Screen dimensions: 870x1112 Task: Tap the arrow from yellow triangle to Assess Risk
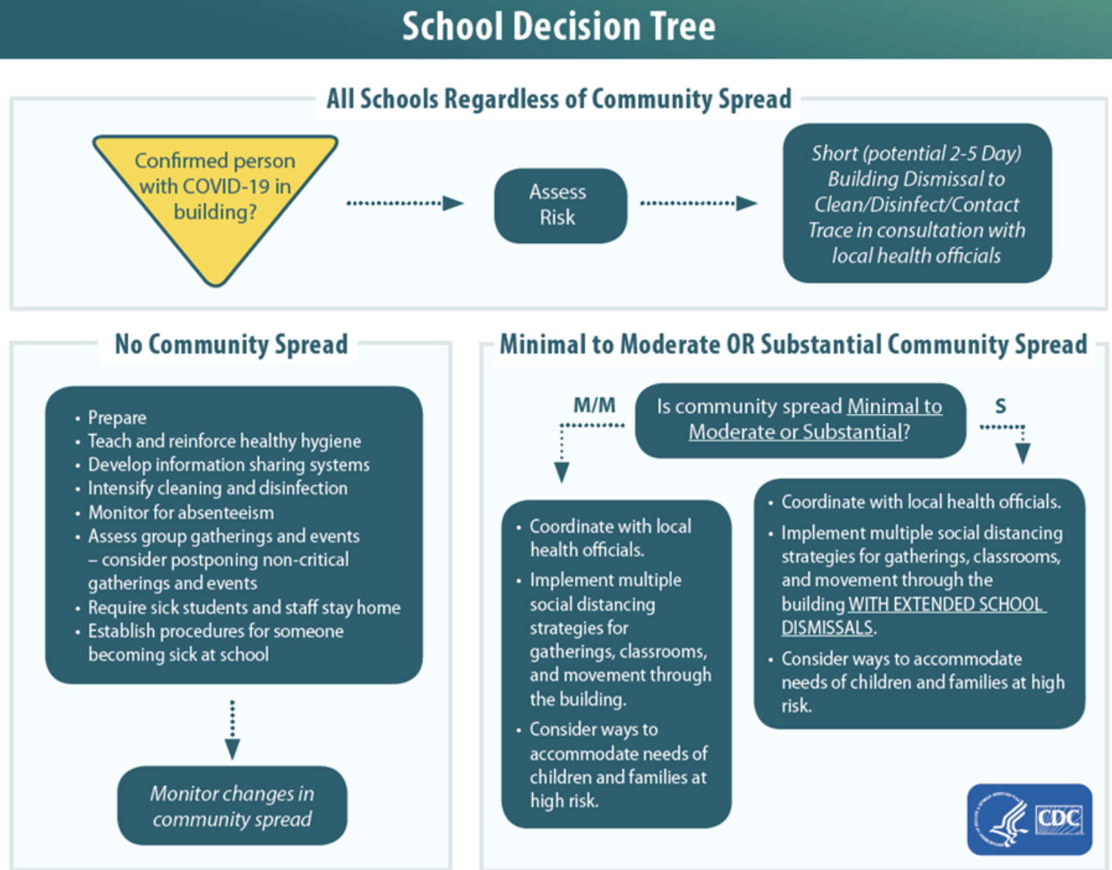[405, 203]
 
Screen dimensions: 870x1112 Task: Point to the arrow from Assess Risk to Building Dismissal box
[698, 203]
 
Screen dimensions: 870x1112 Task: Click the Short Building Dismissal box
[916, 203]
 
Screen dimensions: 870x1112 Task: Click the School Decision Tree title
[558, 27]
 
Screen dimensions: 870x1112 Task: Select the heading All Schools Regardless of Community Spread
[559, 99]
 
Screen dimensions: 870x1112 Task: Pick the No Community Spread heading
[231, 344]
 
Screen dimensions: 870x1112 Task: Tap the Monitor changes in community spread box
[232, 806]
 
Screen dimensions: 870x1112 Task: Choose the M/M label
[594, 406]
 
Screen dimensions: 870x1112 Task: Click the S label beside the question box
[1000, 406]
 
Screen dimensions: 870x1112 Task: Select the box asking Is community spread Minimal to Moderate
[799, 420]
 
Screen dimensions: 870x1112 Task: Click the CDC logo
[1029, 819]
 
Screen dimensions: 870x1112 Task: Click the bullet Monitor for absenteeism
[180, 512]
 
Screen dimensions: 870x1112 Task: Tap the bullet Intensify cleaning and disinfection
[217, 489]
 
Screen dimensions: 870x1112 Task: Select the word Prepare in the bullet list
[117, 418]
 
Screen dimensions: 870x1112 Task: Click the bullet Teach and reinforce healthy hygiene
[224, 442]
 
